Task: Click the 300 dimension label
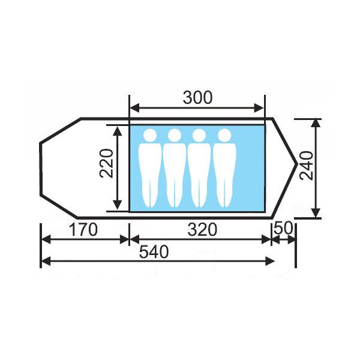(197, 98)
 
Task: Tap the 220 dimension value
(107, 163)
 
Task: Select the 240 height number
(307, 166)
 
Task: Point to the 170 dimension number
(83, 230)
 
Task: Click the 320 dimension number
(202, 230)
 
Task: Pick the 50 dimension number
(284, 228)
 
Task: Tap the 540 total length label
(154, 251)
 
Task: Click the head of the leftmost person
(150, 135)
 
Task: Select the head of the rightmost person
(224, 135)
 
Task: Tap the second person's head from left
(175, 135)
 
